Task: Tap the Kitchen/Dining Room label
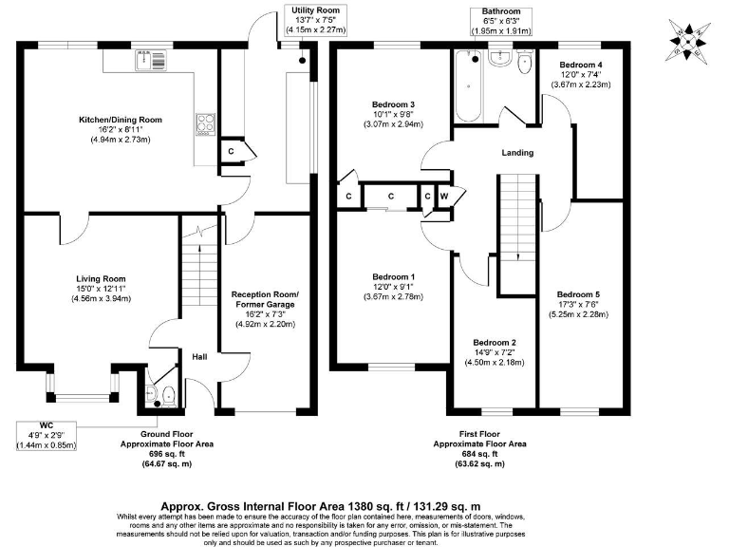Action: coord(121,121)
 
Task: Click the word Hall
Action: coord(200,357)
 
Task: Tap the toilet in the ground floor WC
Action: coord(167,394)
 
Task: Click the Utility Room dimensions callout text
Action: coord(317,20)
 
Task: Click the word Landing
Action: coord(517,153)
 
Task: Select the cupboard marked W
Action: coord(444,197)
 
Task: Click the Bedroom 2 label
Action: coord(494,342)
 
